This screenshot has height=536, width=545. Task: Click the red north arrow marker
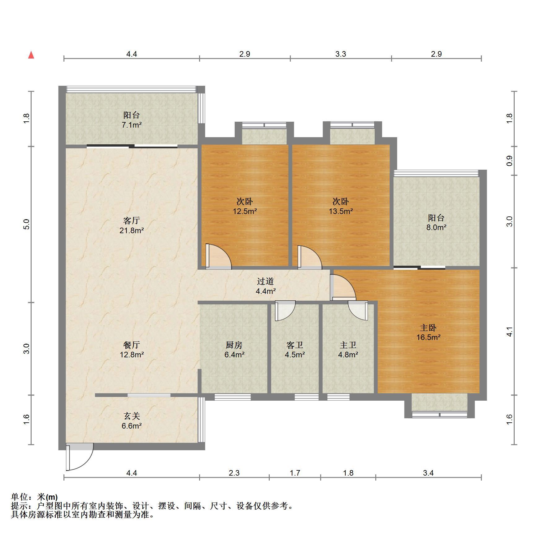[x=31, y=55]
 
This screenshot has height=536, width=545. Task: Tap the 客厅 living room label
[x=132, y=220]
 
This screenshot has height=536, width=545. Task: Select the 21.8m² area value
[x=132, y=230]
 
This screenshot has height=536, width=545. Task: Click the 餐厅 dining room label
[x=132, y=345]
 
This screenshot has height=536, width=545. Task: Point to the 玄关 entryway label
[x=132, y=416]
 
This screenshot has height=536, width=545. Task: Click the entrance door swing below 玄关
[x=79, y=456]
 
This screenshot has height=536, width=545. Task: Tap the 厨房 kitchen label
[x=234, y=345]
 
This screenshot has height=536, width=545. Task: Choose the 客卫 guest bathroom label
[x=295, y=345]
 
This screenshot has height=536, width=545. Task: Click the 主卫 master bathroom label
[x=348, y=345]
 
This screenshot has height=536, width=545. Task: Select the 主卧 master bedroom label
[x=428, y=327]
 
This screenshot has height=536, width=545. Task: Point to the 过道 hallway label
[x=266, y=281]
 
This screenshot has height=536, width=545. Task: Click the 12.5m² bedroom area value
[x=245, y=211]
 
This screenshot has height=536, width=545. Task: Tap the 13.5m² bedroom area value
[x=341, y=211]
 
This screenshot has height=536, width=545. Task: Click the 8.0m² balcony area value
[x=436, y=227]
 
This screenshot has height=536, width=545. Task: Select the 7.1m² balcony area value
[x=132, y=125]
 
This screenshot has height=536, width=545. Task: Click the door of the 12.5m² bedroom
[x=219, y=257]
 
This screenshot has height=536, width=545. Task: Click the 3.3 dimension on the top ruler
[x=341, y=54]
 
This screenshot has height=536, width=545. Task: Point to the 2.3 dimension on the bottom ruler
[x=234, y=473]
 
